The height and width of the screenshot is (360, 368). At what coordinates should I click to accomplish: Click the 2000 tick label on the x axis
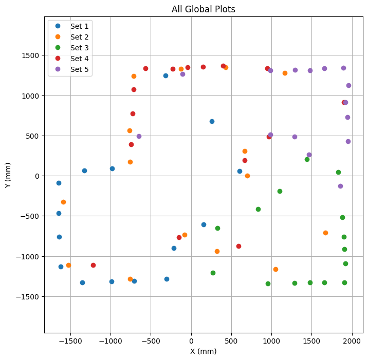point(352,340)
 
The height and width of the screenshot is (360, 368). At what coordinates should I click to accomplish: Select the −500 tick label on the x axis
point(151,340)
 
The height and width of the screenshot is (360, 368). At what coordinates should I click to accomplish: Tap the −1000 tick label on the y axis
point(29,256)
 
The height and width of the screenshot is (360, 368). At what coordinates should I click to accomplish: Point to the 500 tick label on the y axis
point(32,136)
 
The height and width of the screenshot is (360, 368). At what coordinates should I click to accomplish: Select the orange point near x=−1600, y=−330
point(63,202)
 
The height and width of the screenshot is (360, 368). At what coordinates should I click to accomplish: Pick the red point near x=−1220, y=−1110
point(93,265)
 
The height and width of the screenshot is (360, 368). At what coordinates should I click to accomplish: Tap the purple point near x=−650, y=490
point(139,136)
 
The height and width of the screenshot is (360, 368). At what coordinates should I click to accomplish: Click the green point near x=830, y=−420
point(258,209)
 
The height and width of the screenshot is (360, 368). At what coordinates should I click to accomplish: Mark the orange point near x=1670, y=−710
point(325,233)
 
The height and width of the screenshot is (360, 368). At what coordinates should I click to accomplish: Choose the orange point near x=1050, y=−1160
point(275,269)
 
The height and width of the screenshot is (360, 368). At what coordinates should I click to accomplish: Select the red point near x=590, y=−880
point(238,246)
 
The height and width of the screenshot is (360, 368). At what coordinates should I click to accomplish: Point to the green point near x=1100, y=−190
point(280,191)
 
